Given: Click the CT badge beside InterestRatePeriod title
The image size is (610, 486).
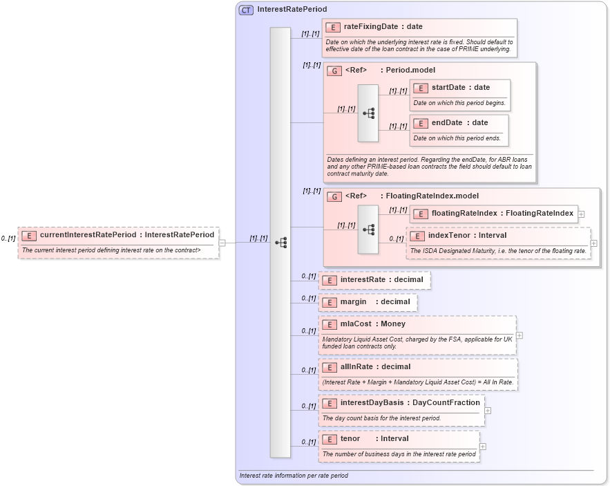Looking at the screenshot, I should pos(246,10).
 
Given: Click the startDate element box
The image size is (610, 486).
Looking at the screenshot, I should pos(460,95).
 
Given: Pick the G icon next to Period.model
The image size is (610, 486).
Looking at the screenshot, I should pos(334,71).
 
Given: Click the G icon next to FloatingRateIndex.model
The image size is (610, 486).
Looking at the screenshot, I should pos(334,196).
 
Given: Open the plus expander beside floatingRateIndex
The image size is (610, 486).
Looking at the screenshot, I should pos(582,214).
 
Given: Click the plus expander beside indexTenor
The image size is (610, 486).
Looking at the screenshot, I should pos(594,243).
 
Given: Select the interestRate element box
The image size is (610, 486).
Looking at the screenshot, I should pos(374,280).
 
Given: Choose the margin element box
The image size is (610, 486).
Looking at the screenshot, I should pos(368,302).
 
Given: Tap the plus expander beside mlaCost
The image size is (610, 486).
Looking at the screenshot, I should pos(520,335).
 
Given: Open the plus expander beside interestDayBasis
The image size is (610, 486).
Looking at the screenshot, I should pos(488,410).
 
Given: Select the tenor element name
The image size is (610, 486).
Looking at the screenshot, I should pos(350,438).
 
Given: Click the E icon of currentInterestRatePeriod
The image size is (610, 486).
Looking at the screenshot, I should pos(29,235).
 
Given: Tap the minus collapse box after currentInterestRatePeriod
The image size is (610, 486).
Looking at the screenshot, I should pos(222,243).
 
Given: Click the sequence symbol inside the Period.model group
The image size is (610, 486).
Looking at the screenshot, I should pos(368,113).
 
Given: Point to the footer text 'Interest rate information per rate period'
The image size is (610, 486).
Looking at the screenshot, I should pos(294,476).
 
